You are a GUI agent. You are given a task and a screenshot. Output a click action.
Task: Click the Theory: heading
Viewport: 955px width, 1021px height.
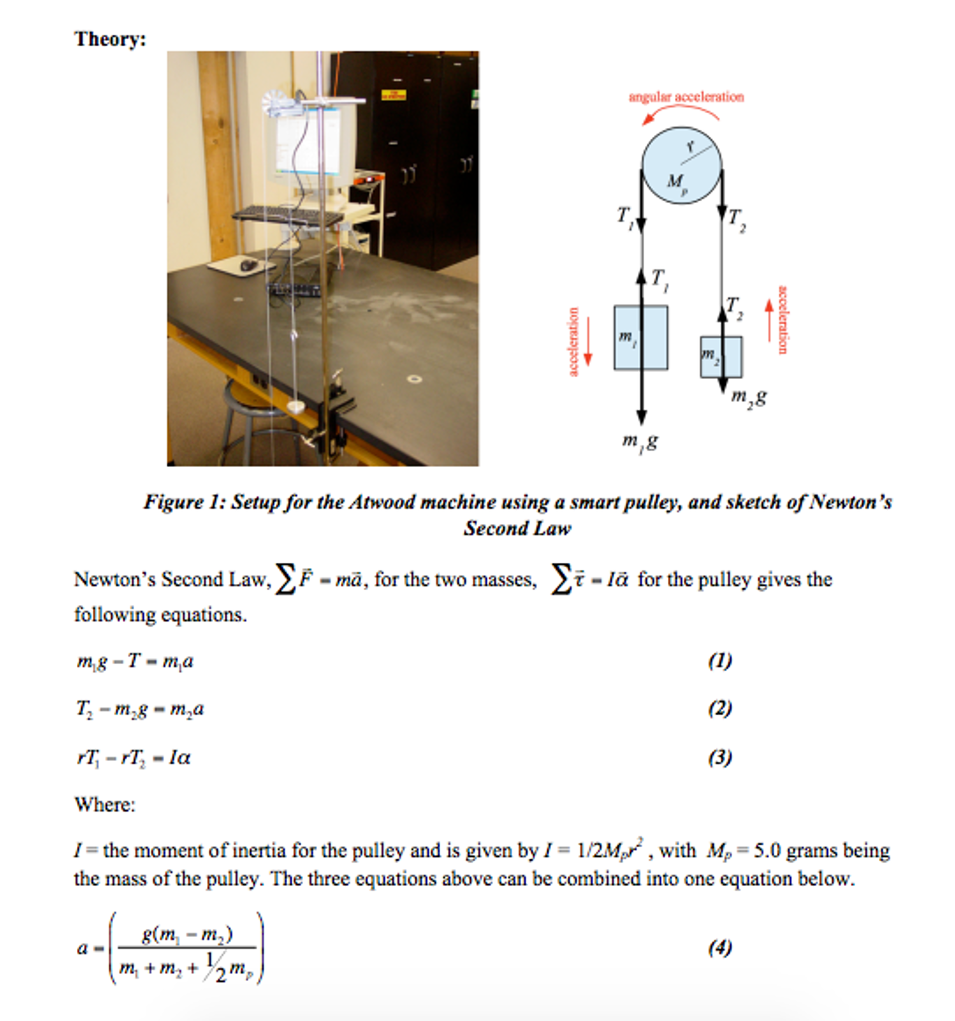click(110, 39)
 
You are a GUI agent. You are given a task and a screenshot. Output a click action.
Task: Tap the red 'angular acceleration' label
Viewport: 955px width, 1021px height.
click(686, 97)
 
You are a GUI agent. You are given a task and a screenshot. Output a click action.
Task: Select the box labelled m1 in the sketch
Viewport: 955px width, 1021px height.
click(640, 337)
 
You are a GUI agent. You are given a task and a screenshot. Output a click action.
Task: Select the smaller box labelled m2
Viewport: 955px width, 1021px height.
click(721, 357)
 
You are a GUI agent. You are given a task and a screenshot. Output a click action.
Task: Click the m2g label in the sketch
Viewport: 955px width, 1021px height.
click(749, 397)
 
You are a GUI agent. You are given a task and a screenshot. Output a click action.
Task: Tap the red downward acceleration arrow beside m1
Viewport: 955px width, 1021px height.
click(588, 341)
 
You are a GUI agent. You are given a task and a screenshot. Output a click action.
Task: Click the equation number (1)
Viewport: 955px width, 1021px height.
click(720, 661)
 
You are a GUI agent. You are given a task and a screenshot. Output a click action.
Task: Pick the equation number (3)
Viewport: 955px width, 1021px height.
click(720, 758)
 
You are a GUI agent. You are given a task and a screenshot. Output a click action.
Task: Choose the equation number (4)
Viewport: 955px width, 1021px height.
click(720, 948)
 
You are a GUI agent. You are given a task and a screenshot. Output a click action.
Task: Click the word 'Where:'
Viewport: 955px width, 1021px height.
click(105, 804)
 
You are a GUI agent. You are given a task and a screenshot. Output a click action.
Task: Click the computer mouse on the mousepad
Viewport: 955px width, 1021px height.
click(248, 265)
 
